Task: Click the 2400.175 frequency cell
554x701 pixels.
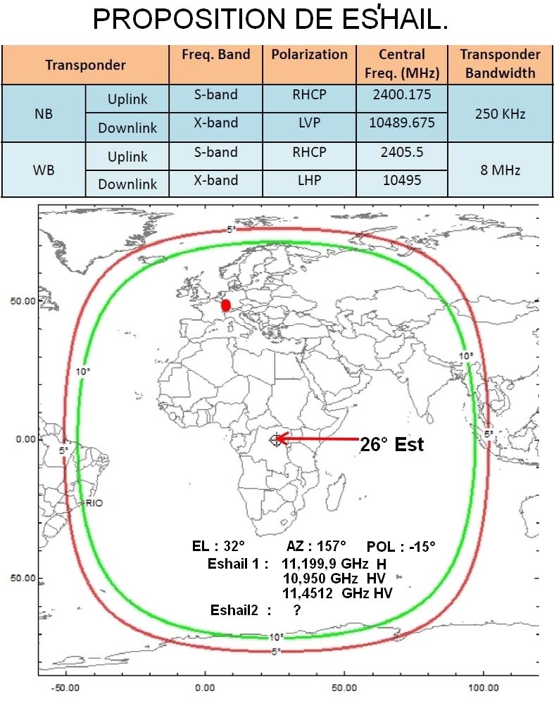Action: coord(402,94)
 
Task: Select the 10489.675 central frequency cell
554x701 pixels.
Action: coord(402,122)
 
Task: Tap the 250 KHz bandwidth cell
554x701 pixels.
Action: coord(500,113)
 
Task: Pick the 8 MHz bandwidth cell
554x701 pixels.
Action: coord(500,170)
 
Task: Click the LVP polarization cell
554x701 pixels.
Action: coord(310,122)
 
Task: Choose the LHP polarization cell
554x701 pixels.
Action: coord(310,180)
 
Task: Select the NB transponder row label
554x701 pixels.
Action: coord(44,113)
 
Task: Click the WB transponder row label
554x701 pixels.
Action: coord(44,170)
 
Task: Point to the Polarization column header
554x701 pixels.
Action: coord(310,55)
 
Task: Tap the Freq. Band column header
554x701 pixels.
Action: coord(215,55)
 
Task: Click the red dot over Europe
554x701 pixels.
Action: coord(225,305)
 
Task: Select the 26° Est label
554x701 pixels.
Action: coord(392,445)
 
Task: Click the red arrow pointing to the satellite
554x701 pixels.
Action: coord(317,439)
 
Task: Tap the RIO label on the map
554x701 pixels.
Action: coord(94,503)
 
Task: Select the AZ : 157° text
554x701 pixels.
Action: coord(316,546)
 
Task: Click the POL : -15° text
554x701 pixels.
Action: coord(401,547)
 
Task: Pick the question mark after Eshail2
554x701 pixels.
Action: coord(297,610)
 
